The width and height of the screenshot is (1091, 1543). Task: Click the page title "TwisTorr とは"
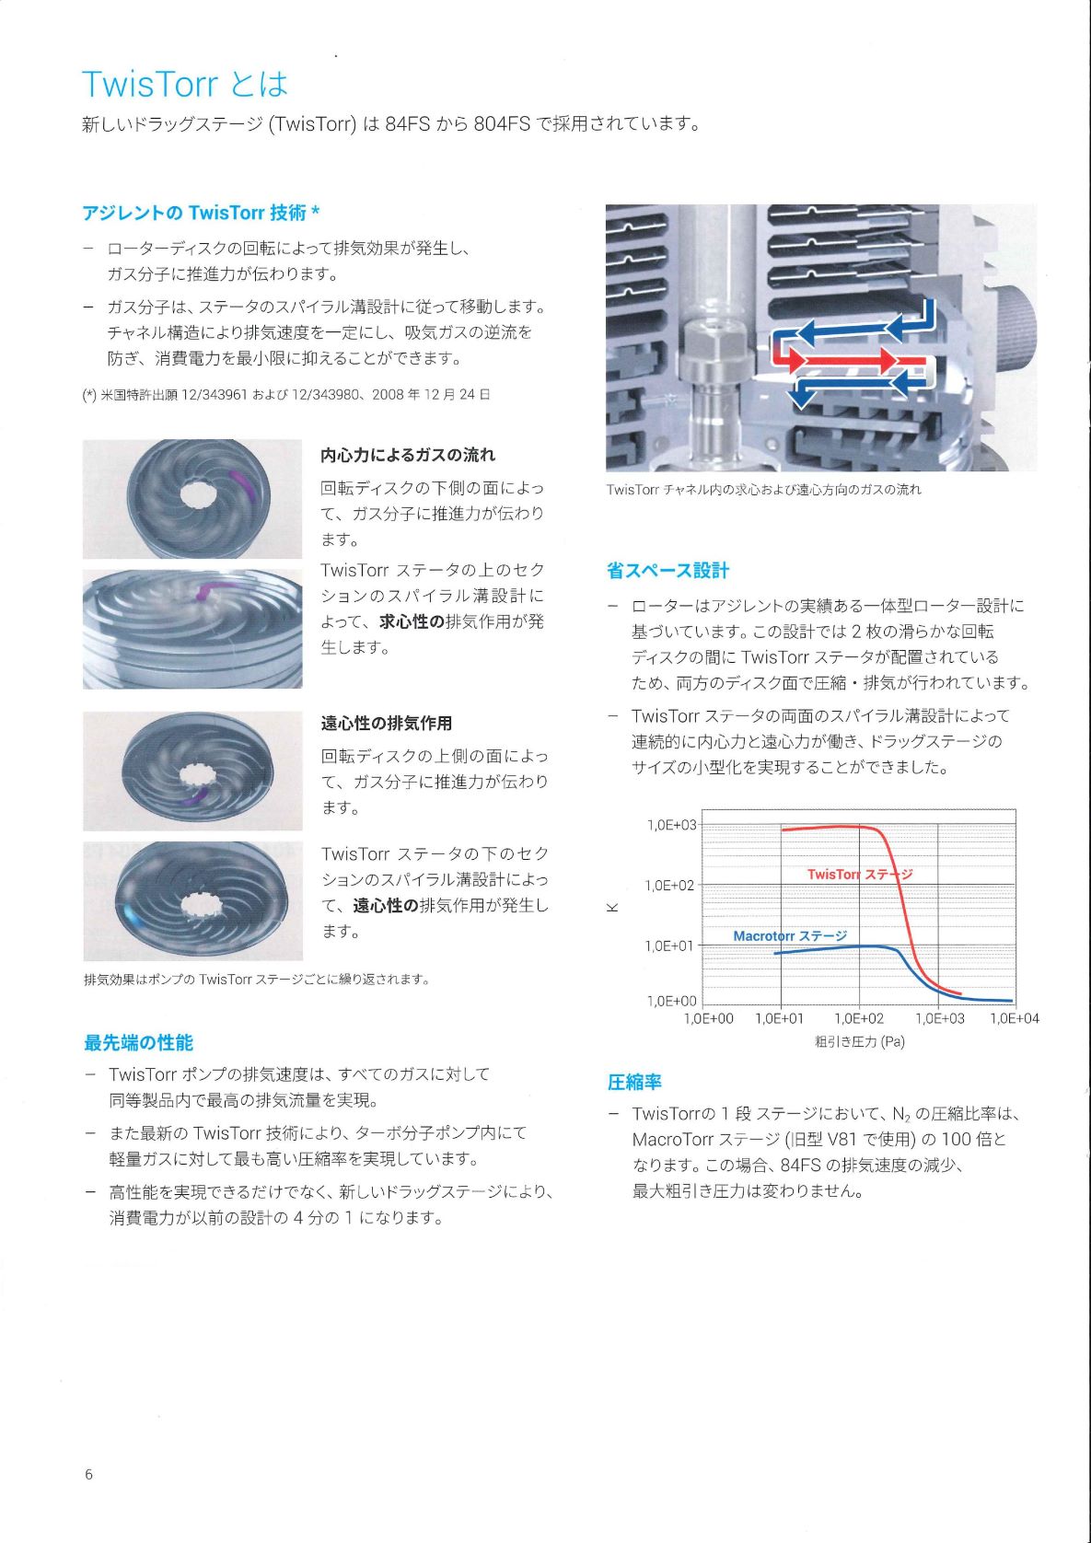tap(184, 84)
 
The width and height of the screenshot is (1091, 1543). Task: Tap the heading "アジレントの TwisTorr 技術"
tap(193, 213)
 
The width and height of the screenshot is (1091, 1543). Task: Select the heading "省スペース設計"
tap(667, 571)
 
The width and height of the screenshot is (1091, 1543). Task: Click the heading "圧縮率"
tap(634, 1082)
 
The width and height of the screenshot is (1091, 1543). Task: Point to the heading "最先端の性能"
tap(138, 1042)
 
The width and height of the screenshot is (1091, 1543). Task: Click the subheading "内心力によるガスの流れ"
tap(408, 455)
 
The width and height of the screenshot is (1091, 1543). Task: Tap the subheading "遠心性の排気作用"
tap(387, 723)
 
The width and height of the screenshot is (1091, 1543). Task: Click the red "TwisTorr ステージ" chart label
tap(860, 874)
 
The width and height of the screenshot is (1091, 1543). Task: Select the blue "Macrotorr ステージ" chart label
tap(790, 935)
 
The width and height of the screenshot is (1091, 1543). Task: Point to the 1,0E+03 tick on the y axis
tap(671, 825)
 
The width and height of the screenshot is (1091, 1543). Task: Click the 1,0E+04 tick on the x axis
tap(1014, 1018)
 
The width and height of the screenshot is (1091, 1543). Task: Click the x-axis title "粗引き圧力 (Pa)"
tap(860, 1041)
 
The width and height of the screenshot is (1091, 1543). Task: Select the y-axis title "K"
tap(611, 907)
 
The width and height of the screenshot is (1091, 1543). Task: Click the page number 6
tap(88, 1474)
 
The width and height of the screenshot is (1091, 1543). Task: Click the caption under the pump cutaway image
tap(763, 489)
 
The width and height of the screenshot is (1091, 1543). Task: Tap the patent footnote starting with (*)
tap(285, 395)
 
